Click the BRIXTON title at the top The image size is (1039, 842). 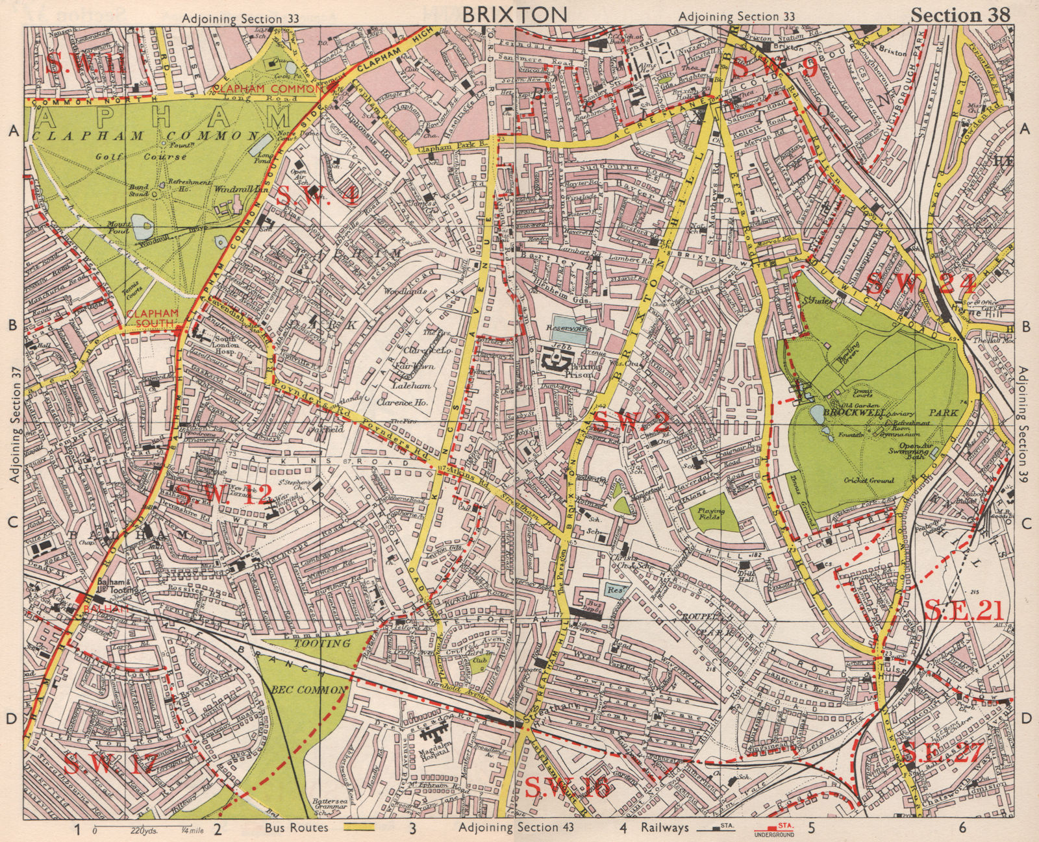516,14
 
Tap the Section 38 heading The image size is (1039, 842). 960,16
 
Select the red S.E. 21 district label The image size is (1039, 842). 963,610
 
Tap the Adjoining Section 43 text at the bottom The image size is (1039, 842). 508,827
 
